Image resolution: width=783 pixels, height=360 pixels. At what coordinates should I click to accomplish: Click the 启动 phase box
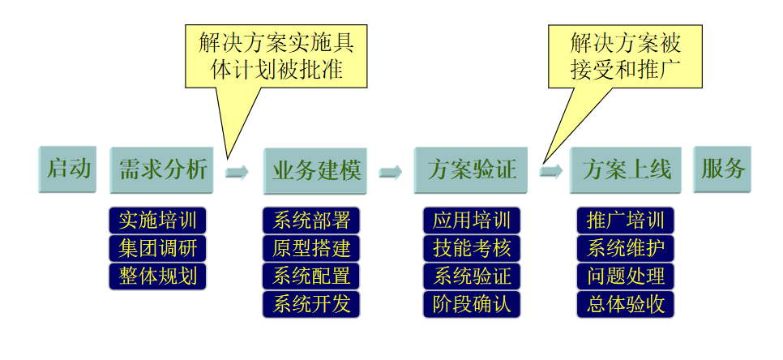coord(67,169)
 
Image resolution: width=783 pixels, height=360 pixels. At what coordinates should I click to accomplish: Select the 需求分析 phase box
coord(161,170)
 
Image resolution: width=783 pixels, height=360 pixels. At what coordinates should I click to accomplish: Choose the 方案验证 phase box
coord(470,170)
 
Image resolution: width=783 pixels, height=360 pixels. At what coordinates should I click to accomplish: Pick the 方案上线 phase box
coord(626,170)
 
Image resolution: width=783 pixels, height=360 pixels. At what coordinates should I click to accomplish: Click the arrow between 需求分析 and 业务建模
coord(237,172)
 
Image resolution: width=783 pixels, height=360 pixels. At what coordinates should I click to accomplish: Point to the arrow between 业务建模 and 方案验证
coord(391,172)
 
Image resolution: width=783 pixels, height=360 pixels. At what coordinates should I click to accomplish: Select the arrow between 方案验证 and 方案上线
coord(550,172)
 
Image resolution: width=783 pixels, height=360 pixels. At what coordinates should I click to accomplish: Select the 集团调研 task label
coord(157,248)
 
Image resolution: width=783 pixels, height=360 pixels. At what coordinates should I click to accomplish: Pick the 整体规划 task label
coord(157,276)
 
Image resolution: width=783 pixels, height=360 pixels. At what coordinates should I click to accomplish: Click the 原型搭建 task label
coord(311,248)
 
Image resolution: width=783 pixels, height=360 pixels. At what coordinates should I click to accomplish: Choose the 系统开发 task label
coord(311,304)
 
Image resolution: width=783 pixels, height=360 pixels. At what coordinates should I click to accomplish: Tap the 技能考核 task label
coord(471,248)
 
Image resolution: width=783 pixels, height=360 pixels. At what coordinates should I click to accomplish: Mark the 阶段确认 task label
coord(471,304)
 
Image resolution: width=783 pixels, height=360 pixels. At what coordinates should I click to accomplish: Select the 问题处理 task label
coord(625,276)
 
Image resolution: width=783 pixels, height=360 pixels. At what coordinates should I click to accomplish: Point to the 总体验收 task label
coord(625,304)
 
